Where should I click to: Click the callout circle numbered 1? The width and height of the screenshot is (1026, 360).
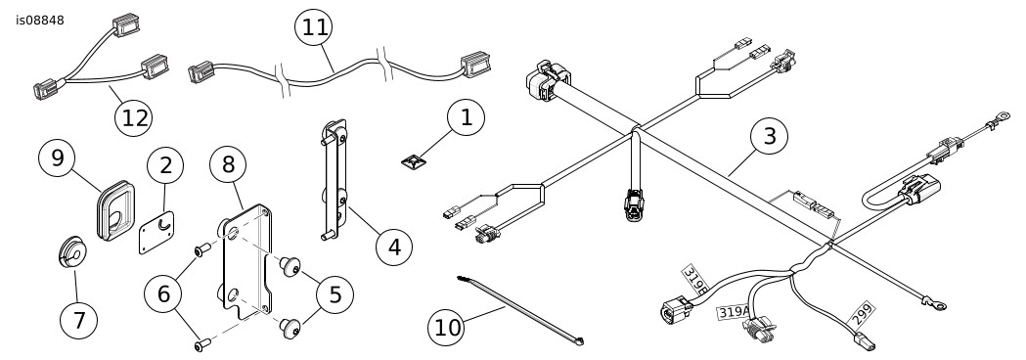(x=466, y=117)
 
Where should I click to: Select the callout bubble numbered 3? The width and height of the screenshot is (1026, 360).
(x=769, y=137)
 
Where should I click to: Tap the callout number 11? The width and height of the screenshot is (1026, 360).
(x=314, y=28)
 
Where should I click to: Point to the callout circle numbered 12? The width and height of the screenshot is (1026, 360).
(x=133, y=117)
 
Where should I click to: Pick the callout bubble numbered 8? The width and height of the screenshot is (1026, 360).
(x=228, y=164)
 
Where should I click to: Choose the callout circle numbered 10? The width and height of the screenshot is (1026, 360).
(x=447, y=328)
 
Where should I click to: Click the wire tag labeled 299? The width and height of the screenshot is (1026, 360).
(x=862, y=315)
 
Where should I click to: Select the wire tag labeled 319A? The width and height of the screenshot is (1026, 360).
(x=733, y=312)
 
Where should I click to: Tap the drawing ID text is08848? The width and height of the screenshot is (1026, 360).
(x=40, y=21)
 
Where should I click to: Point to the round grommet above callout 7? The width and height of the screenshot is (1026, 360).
(x=70, y=251)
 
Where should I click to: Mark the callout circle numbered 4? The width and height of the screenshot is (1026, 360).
(x=394, y=247)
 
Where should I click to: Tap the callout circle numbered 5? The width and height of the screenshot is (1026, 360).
(x=335, y=294)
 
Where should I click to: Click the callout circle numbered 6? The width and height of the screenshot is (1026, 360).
(x=163, y=294)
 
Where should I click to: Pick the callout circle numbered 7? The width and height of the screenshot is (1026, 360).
(x=78, y=321)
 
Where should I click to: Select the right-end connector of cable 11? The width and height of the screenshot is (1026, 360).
(x=475, y=65)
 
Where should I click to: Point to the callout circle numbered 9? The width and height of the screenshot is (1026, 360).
(x=58, y=158)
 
